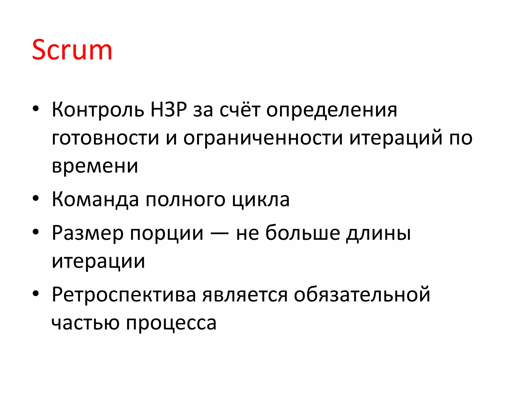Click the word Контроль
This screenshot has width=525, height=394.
(98, 110)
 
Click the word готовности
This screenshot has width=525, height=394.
(105, 138)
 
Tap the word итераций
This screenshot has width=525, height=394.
(396, 138)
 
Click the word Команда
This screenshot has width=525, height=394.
(95, 200)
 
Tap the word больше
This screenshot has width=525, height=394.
(303, 233)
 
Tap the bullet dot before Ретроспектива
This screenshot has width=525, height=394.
(36, 293)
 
